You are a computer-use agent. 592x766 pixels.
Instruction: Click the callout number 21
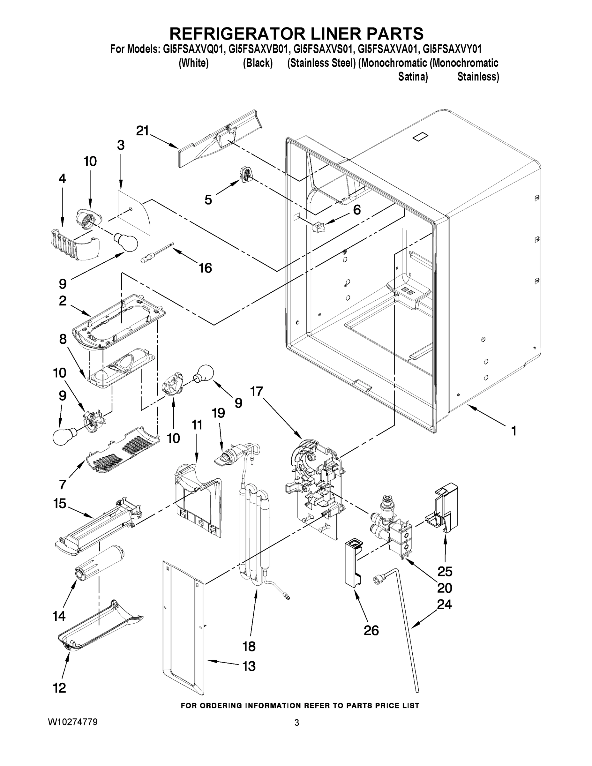(x=142, y=131)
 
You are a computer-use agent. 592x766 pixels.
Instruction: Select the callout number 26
(x=371, y=630)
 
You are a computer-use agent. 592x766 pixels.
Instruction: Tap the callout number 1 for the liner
(x=513, y=431)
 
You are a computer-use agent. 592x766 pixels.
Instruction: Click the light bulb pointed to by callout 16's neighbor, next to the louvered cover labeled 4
(x=125, y=240)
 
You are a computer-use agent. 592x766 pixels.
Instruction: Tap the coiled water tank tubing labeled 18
(x=254, y=540)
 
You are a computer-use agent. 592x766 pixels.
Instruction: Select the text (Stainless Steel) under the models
(x=321, y=63)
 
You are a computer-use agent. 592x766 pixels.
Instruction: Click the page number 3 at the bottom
(x=296, y=723)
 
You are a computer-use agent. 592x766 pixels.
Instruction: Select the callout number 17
(x=256, y=391)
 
